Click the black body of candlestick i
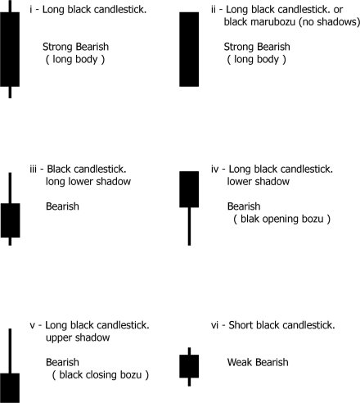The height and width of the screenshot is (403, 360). pyautogui.click(x=10, y=49)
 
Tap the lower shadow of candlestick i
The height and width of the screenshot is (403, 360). pyautogui.click(x=10, y=93)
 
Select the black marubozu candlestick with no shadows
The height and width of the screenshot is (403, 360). pyautogui.click(x=189, y=49)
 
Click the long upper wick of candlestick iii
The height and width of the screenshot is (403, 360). pyautogui.click(x=10, y=188)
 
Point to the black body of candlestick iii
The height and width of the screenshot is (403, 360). pyautogui.click(x=10, y=220)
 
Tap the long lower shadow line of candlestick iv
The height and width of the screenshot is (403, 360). pyautogui.click(x=189, y=226)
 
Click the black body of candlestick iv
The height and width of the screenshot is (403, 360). pyautogui.click(x=189, y=189)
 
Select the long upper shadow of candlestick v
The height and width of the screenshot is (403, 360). pyautogui.click(x=10, y=351)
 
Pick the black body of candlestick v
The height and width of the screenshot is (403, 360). pyautogui.click(x=10, y=388)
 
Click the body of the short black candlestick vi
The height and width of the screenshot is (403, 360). pyautogui.click(x=189, y=366)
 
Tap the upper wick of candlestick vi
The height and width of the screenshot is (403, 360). pyautogui.click(x=189, y=351)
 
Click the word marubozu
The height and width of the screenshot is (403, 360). pyautogui.click(x=273, y=22)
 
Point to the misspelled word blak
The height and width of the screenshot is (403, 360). pyautogui.click(x=250, y=219)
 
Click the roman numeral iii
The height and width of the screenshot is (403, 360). pyautogui.click(x=33, y=169)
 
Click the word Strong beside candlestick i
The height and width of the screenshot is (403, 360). pyautogui.click(x=57, y=48)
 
